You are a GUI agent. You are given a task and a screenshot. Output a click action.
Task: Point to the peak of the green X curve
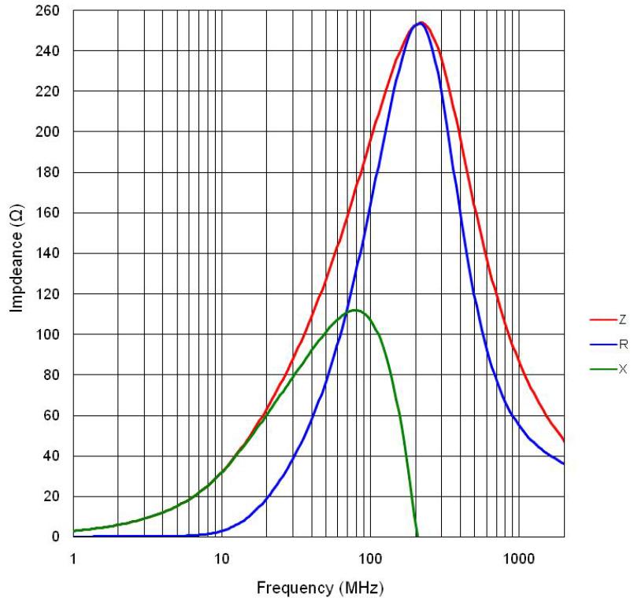tap(356, 310)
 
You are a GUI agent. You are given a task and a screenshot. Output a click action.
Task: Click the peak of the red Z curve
tap(422, 23)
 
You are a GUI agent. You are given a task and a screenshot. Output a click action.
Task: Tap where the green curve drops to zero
tap(417, 535)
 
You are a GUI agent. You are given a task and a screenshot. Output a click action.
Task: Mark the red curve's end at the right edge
tap(563, 440)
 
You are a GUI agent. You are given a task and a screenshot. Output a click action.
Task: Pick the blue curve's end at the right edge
tap(563, 463)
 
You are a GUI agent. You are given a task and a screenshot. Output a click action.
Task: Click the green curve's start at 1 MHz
tap(74, 531)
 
